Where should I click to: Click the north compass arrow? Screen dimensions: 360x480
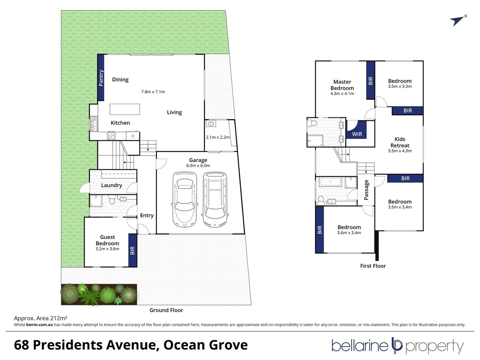click(x=457, y=21)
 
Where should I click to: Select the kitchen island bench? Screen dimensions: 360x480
click(x=125, y=109)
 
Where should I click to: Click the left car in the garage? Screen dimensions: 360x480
click(x=184, y=199)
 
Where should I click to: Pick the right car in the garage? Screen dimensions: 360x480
click(x=215, y=199)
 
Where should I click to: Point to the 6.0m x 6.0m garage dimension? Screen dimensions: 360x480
click(x=198, y=166)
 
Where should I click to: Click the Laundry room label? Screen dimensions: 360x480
click(x=111, y=185)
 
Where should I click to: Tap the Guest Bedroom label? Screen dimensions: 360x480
click(x=107, y=240)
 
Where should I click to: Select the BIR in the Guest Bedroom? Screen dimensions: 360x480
click(x=132, y=250)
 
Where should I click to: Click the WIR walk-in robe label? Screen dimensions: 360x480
click(x=357, y=134)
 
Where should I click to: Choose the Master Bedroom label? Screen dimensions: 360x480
click(x=342, y=85)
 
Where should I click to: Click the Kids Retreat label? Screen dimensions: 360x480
click(x=400, y=142)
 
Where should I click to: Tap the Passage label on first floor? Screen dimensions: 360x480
click(x=366, y=190)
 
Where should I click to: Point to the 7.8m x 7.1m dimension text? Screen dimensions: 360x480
click(x=153, y=92)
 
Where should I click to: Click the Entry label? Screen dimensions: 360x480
click(x=147, y=215)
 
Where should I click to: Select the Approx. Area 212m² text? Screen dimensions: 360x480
click(x=41, y=318)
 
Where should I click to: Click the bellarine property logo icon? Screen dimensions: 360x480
click(x=397, y=346)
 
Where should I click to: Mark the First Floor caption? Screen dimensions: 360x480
click(x=373, y=266)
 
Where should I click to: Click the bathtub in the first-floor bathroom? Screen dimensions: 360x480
click(x=330, y=182)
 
